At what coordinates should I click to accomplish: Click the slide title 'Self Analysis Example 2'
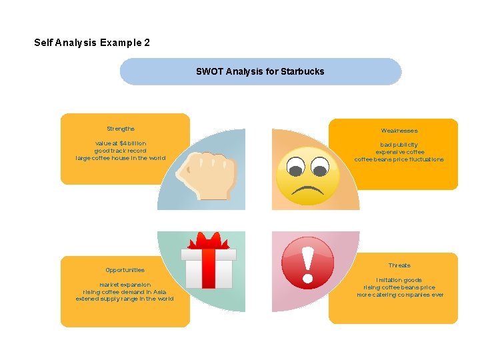pos(92,43)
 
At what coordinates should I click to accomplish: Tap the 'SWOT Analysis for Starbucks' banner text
pos(260,71)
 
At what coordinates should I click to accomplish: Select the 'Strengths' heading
pos(121,129)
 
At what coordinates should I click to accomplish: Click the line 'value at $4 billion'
pos(121,143)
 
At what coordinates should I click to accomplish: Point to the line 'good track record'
pos(121,151)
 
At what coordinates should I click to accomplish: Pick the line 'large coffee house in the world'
pos(121,158)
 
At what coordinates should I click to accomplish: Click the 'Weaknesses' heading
pos(399,131)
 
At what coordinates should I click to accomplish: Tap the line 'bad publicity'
pos(399,145)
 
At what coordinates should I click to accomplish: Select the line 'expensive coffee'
pos(399,152)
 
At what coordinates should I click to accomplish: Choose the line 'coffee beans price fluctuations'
pos(399,159)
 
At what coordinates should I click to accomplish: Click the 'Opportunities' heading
pos(125,270)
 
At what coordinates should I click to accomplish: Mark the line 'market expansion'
pos(125,285)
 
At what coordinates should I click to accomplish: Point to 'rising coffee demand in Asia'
pos(125,292)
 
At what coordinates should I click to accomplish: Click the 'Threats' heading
pos(399,265)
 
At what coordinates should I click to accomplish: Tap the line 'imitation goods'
pos(399,280)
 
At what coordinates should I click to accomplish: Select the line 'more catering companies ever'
pos(399,295)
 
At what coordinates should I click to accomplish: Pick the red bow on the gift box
pos(209,243)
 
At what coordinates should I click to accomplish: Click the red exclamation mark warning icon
pos(307,263)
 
